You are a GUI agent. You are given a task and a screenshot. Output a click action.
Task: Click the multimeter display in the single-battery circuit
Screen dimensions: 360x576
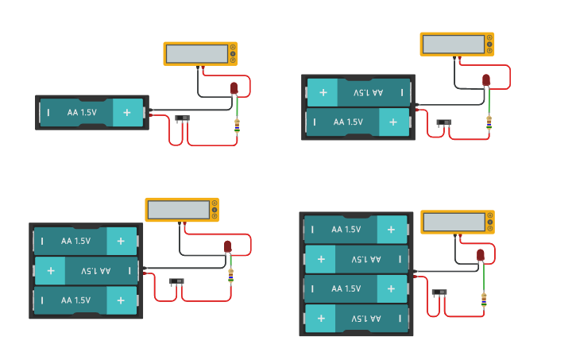pos(196,53)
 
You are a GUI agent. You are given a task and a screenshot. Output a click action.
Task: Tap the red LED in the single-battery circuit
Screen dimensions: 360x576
pos(234,87)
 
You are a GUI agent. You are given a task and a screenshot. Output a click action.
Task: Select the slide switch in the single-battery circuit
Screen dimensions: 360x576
pos(183,118)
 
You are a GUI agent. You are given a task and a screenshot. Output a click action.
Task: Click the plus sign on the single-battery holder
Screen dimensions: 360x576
pos(126,113)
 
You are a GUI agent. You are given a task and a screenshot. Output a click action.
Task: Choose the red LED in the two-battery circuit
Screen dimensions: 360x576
pos(486,79)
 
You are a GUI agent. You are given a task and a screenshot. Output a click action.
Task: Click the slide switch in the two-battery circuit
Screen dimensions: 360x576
pos(443,122)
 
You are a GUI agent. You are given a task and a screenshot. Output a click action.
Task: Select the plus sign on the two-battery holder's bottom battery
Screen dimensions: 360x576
pos(392,122)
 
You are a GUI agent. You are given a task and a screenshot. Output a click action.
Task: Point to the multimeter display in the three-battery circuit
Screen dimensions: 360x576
pos(177,210)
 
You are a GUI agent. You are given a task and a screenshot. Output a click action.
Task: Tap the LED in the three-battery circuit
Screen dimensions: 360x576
pos(227,246)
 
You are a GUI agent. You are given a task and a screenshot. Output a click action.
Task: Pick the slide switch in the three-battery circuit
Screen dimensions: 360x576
pos(176,281)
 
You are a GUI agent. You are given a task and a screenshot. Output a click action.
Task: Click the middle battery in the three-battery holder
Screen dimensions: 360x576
pos(86,271)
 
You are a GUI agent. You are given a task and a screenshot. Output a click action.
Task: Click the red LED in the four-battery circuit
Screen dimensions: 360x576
pos(480,254)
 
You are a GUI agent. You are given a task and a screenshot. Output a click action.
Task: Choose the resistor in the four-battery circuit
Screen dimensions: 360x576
pos(484,300)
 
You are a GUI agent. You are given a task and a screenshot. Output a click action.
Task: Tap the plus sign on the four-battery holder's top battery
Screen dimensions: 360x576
pos(391,230)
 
